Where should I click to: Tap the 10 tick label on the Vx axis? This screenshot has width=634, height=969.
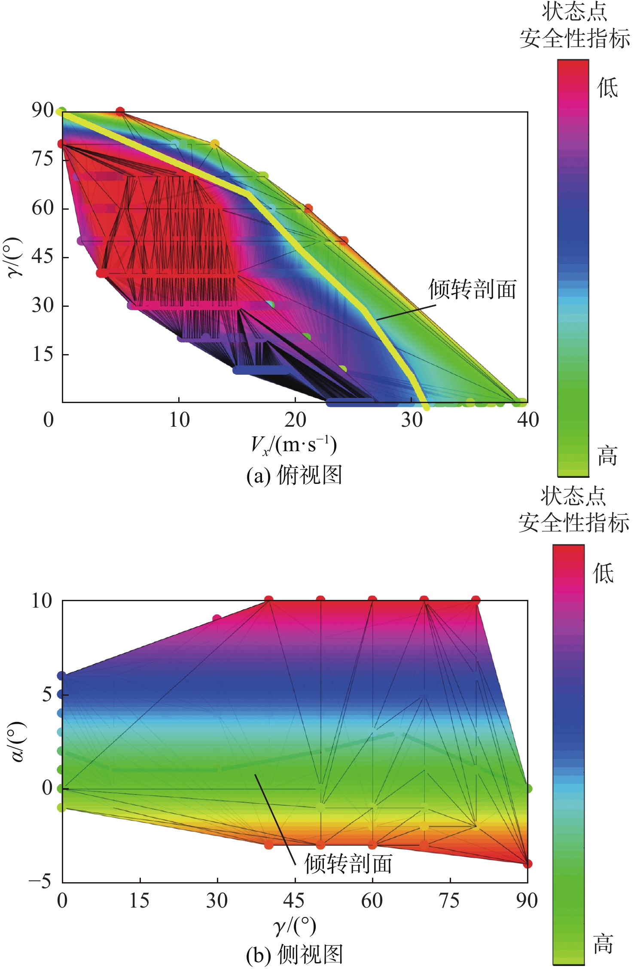click(179, 420)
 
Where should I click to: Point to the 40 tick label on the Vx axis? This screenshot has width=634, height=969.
click(527, 420)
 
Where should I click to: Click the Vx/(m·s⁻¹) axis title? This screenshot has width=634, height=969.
click(294, 445)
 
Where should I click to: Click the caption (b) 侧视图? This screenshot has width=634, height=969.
click(294, 955)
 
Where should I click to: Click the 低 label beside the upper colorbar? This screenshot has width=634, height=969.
click(607, 88)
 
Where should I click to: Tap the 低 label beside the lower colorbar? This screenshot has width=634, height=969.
click(604, 573)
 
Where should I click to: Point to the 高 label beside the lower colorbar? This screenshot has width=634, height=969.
click(604, 944)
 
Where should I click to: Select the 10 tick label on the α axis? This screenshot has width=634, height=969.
click(42, 601)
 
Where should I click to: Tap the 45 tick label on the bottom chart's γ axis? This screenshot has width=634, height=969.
click(295, 901)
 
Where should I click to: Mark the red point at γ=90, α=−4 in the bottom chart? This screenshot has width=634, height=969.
click(528, 864)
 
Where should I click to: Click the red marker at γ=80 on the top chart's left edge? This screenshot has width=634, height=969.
click(62, 144)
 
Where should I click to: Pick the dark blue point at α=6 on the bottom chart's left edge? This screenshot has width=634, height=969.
click(62, 676)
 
